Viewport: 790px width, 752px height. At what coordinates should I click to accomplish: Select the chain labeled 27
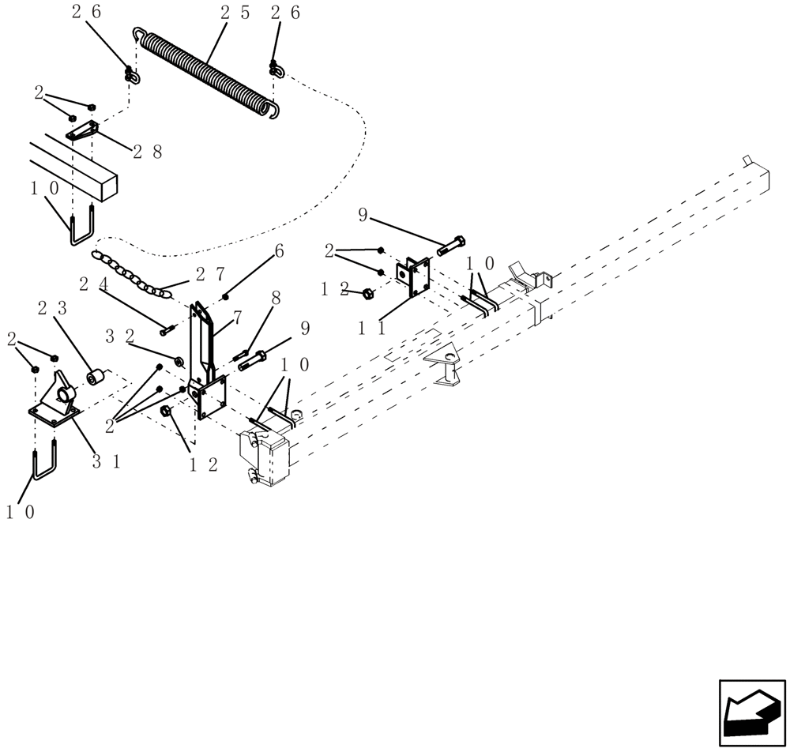(x=131, y=274)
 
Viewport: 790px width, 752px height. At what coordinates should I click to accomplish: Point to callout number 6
(x=279, y=250)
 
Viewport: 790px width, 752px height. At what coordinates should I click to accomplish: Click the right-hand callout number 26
(x=285, y=12)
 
